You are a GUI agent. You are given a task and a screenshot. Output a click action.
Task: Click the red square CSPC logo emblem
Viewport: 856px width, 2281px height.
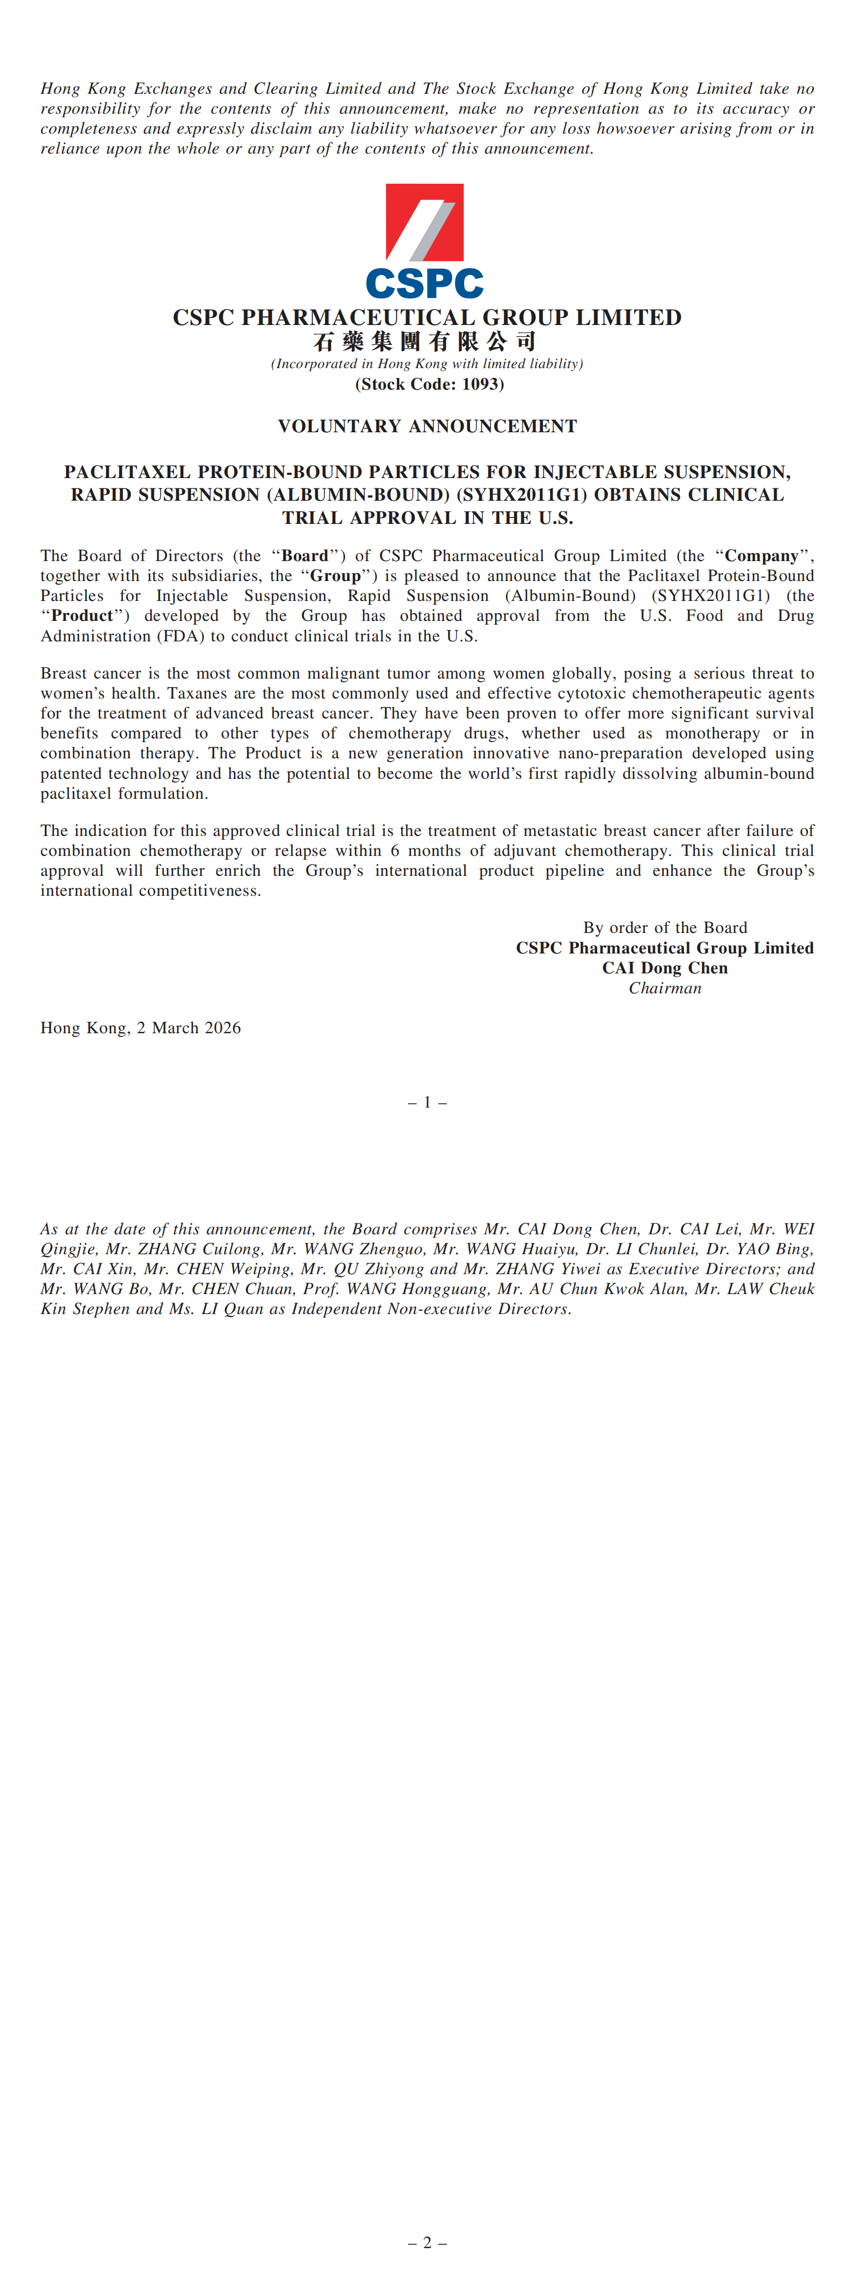[x=424, y=222]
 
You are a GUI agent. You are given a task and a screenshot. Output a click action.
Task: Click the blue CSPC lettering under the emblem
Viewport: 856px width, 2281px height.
[x=424, y=284]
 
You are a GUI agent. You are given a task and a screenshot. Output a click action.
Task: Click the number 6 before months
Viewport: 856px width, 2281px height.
[x=395, y=851]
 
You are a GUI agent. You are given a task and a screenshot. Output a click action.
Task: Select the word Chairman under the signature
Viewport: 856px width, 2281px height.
[x=665, y=988]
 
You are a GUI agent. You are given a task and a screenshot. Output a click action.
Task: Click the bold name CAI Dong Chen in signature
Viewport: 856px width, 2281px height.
[x=665, y=968]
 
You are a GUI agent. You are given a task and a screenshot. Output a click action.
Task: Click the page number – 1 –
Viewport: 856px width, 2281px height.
[x=427, y=1102]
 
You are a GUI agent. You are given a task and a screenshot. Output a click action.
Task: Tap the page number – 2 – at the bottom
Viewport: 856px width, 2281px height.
[x=427, y=2243]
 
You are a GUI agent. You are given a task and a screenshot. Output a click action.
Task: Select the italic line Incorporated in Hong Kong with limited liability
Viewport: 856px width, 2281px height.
[x=427, y=364]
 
